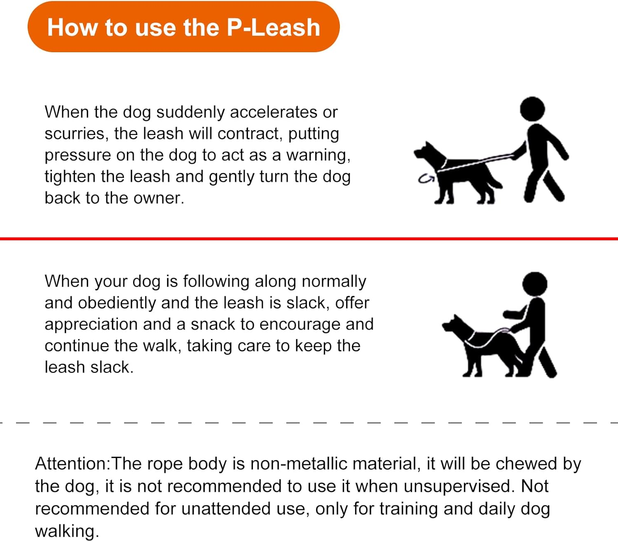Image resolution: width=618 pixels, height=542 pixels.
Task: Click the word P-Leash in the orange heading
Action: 273,28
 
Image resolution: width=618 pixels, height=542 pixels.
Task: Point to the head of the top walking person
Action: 532,109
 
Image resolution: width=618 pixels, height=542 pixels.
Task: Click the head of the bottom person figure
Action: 534,284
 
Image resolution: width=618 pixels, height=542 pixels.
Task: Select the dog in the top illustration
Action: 457,173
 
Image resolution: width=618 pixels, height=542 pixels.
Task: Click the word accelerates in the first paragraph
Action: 274,112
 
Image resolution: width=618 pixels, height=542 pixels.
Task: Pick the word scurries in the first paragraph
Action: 75,134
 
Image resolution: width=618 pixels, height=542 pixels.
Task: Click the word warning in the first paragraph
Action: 318,155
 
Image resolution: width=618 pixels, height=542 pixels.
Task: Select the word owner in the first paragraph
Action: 158,198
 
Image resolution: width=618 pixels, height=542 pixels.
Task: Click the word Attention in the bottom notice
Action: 71,464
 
